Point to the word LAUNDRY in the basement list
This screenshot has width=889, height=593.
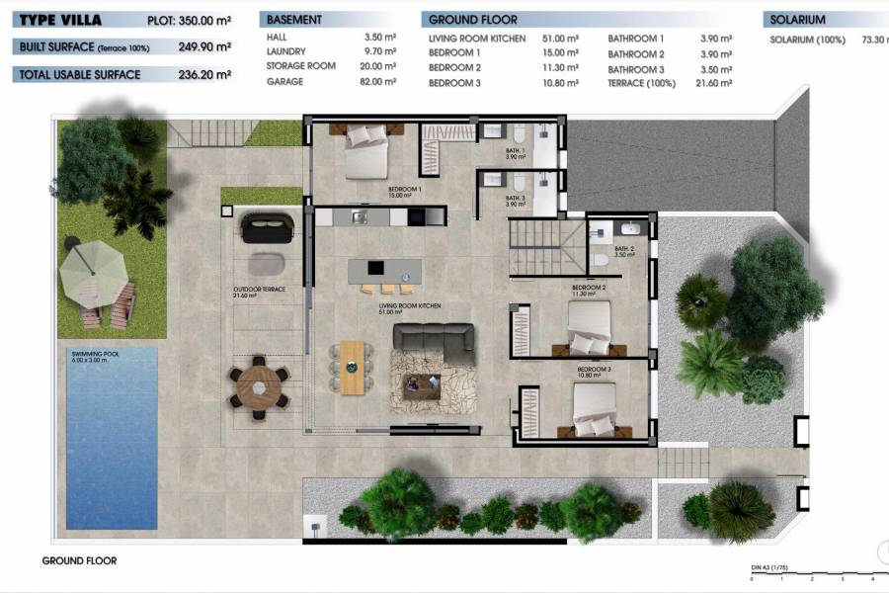[285, 51]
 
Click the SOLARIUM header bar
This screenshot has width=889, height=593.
[825, 20]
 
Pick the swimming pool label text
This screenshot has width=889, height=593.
[97, 356]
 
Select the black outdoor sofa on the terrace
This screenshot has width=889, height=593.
[267, 228]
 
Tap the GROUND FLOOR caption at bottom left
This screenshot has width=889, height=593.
[79, 560]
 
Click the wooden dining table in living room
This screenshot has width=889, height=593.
[352, 367]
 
